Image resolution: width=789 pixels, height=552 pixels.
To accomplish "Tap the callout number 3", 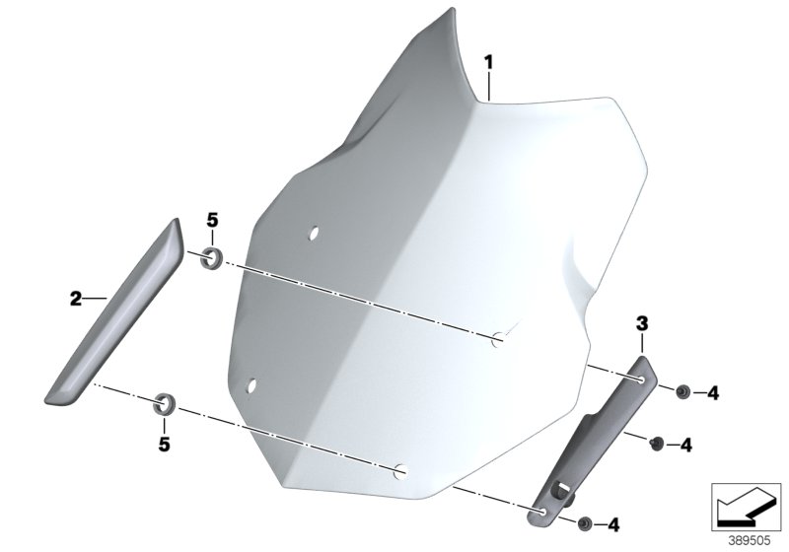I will click(x=641, y=322).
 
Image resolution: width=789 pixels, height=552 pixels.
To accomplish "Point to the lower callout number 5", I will click(x=164, y=443).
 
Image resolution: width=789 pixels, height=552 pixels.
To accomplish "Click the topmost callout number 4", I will click(x=713, y=393).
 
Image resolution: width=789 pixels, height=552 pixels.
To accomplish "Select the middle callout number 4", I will click(x=686, y=445).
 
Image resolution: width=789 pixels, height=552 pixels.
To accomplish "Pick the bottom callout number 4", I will click(x=614, y=522).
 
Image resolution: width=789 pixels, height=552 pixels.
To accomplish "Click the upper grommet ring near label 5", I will click(x=210, y=259).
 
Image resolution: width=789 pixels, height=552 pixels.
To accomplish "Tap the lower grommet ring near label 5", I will click(x=167, y=402).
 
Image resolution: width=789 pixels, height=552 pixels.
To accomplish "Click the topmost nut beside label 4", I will click(x=681, y=392).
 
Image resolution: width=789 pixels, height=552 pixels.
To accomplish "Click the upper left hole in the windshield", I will click(x=313, y=234).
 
